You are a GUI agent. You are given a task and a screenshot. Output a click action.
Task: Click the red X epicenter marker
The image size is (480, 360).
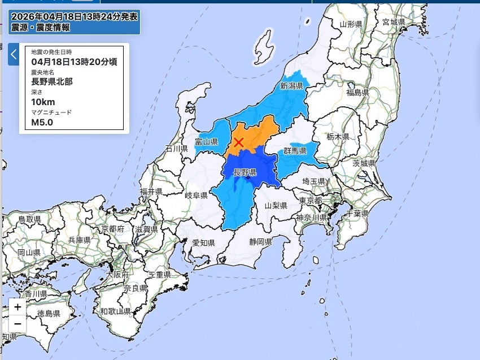tap(239, 142)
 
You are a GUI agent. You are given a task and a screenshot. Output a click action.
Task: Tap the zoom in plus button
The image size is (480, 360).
tap(18, 307)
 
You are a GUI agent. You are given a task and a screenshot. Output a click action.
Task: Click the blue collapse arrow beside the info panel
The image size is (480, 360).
tap(14, 55)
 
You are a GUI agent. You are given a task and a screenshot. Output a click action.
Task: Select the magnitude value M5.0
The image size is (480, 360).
tap(42, 122)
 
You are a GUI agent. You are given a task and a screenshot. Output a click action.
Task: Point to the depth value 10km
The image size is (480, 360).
tap(43, 102)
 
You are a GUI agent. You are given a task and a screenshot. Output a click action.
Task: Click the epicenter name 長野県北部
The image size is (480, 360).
tap(52, 81)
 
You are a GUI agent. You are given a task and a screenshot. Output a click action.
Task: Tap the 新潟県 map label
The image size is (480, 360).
tap(291, 86)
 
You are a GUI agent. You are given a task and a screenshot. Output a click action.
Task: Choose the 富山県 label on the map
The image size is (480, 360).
tap(207, 142)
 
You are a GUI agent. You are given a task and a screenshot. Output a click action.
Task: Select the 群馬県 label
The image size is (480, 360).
tap(295, 151)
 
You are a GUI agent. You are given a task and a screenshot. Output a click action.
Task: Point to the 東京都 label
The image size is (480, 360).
tap(311, 201)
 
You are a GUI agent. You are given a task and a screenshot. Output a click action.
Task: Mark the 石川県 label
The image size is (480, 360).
tap(176, 149)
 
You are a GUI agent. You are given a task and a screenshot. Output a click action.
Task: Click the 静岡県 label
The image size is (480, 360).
tap(260, 242)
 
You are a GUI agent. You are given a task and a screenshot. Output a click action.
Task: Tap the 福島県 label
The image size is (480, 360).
tap(357, 92)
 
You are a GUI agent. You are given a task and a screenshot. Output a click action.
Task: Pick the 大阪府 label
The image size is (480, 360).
tap(118, 275)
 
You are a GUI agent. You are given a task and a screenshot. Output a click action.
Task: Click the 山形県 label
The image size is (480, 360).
tap(351, 24)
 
